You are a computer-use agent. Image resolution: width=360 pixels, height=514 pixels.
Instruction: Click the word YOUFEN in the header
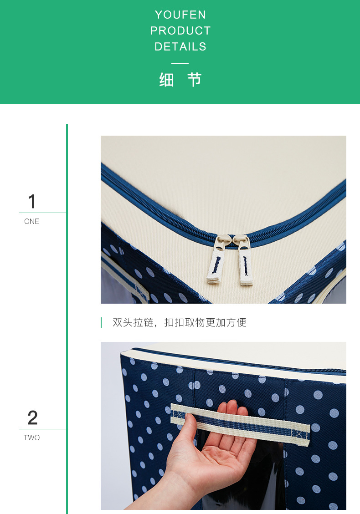[180, 15]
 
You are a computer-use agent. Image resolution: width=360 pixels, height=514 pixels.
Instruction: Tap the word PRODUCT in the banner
[180, 31]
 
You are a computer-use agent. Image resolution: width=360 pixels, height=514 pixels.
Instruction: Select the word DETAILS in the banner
[180, 46]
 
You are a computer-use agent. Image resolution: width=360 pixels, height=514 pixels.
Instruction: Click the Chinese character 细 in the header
[167, 80]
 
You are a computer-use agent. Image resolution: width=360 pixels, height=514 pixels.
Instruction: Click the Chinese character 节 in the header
[195, 80]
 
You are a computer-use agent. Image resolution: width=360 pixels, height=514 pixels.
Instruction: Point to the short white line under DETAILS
[180, 63]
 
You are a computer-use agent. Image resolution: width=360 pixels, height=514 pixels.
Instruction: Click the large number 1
[31, 202]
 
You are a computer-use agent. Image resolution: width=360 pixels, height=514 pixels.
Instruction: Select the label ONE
[31, 222]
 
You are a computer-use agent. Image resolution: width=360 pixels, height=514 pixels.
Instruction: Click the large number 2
[32, 418]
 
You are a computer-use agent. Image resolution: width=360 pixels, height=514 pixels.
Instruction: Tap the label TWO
[31, 438]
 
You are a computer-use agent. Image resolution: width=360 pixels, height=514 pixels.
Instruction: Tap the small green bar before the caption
[101, 323]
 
